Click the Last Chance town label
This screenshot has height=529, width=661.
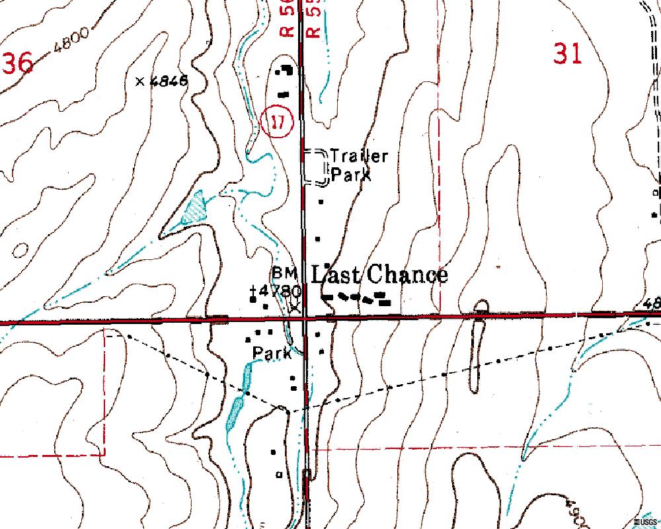[379, 274]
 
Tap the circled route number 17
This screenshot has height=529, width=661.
[280, 121]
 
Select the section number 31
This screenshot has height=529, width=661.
[567, 54]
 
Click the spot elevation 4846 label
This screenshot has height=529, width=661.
[169, 81]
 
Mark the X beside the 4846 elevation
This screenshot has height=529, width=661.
[139, 81]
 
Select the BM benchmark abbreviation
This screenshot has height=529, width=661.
[284, 273]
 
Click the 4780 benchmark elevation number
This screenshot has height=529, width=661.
[280, 290]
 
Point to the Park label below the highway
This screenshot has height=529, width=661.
[272, 354]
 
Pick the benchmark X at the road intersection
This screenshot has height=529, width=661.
[295, 307]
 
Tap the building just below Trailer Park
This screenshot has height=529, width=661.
[322, 201]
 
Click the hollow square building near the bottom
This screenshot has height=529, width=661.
[278, 474]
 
